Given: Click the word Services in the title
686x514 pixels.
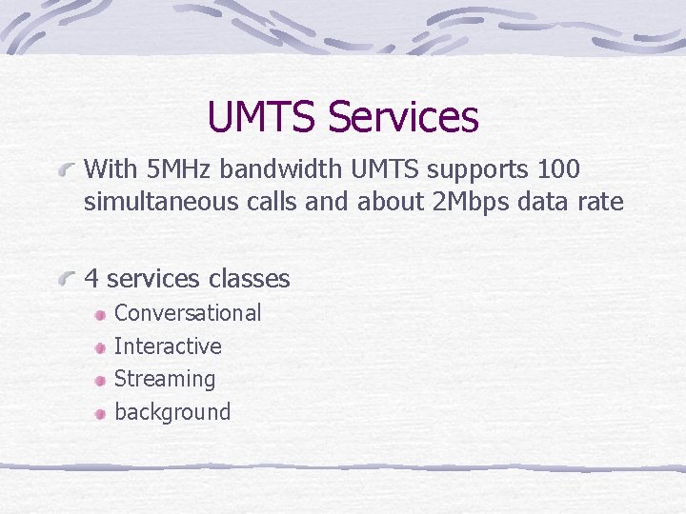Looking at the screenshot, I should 402,117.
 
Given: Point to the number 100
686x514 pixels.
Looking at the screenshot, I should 559,170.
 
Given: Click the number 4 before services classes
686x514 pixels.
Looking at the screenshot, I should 91,279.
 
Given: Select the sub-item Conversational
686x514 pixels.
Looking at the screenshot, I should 187,313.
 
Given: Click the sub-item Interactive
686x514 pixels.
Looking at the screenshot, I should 168,346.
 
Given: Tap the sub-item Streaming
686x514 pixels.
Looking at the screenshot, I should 165,379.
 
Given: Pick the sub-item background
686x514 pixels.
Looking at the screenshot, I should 172,412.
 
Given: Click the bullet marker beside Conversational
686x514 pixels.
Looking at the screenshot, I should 100,314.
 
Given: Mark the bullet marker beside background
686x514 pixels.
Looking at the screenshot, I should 100,413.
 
